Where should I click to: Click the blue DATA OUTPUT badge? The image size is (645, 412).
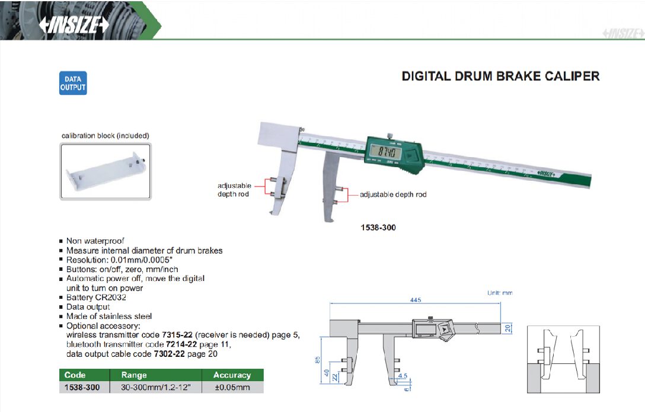tap(73, 83)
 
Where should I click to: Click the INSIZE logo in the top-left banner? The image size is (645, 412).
tap(74, 25)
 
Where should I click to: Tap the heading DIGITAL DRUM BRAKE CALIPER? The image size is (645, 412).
tap(500, 76)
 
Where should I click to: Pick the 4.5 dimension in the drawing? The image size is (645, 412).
tap(403, 375)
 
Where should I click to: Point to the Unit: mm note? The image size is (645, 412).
tap(499, 293)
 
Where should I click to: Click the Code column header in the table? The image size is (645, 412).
tap(75, 375)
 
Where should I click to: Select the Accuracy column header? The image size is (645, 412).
tap(232, 375)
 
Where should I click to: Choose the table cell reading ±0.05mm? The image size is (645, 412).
tap(232, 388)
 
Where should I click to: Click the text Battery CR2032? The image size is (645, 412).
tap(96, 298)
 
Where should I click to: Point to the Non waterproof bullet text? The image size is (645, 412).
tap(95, 241)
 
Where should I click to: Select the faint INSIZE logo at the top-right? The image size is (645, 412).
tap(622, 34)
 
